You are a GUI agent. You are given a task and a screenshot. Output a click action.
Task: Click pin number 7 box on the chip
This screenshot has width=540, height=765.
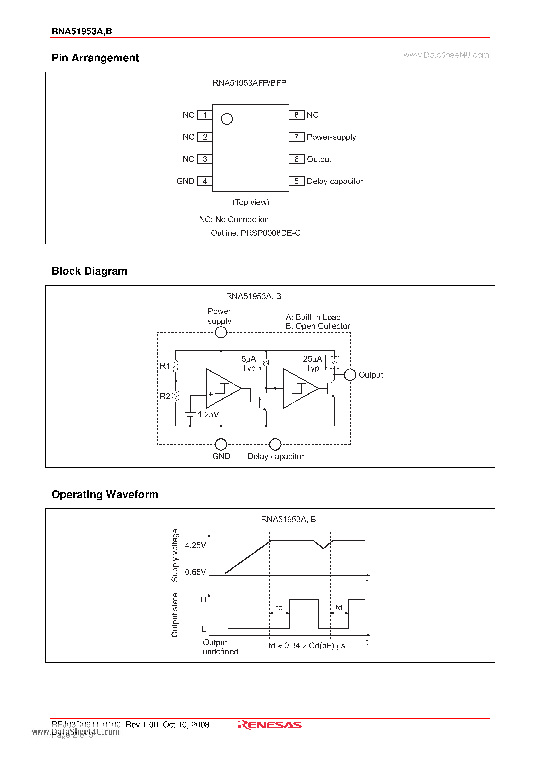[x=296, y=137]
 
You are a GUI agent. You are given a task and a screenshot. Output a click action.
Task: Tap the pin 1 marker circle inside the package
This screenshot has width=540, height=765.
[x=227, y=119]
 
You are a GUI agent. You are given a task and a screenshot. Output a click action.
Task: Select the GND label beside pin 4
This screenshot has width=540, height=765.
[x=185, y=181]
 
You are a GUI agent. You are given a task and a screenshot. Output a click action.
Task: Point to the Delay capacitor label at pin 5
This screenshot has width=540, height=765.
[x=335, y=181]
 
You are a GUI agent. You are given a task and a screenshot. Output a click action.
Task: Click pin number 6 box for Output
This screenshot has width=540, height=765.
[x=296, y=159]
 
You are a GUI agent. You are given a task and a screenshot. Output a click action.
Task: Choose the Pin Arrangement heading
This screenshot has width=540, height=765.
[x=95, y=58]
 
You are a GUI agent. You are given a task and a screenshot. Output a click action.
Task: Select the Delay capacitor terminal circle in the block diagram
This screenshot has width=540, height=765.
[x=275, y=444]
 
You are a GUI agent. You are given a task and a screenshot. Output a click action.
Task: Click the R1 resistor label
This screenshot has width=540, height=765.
[x=165, y=366]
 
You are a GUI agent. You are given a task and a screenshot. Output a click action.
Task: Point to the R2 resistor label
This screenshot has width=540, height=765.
[x=165, y=396]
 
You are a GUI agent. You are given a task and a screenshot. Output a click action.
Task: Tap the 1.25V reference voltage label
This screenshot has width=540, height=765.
[x=208, y=414]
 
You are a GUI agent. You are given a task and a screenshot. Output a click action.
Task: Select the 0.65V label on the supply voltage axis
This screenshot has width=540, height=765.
[x=196, y=572]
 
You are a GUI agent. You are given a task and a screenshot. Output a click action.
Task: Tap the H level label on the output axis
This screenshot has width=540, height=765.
[x=203, y=600]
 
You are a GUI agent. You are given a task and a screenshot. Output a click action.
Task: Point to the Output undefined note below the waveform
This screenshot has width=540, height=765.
[x=220, y=647]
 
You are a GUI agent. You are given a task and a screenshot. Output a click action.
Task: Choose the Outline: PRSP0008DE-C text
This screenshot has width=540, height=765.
[x=256, y=233]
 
